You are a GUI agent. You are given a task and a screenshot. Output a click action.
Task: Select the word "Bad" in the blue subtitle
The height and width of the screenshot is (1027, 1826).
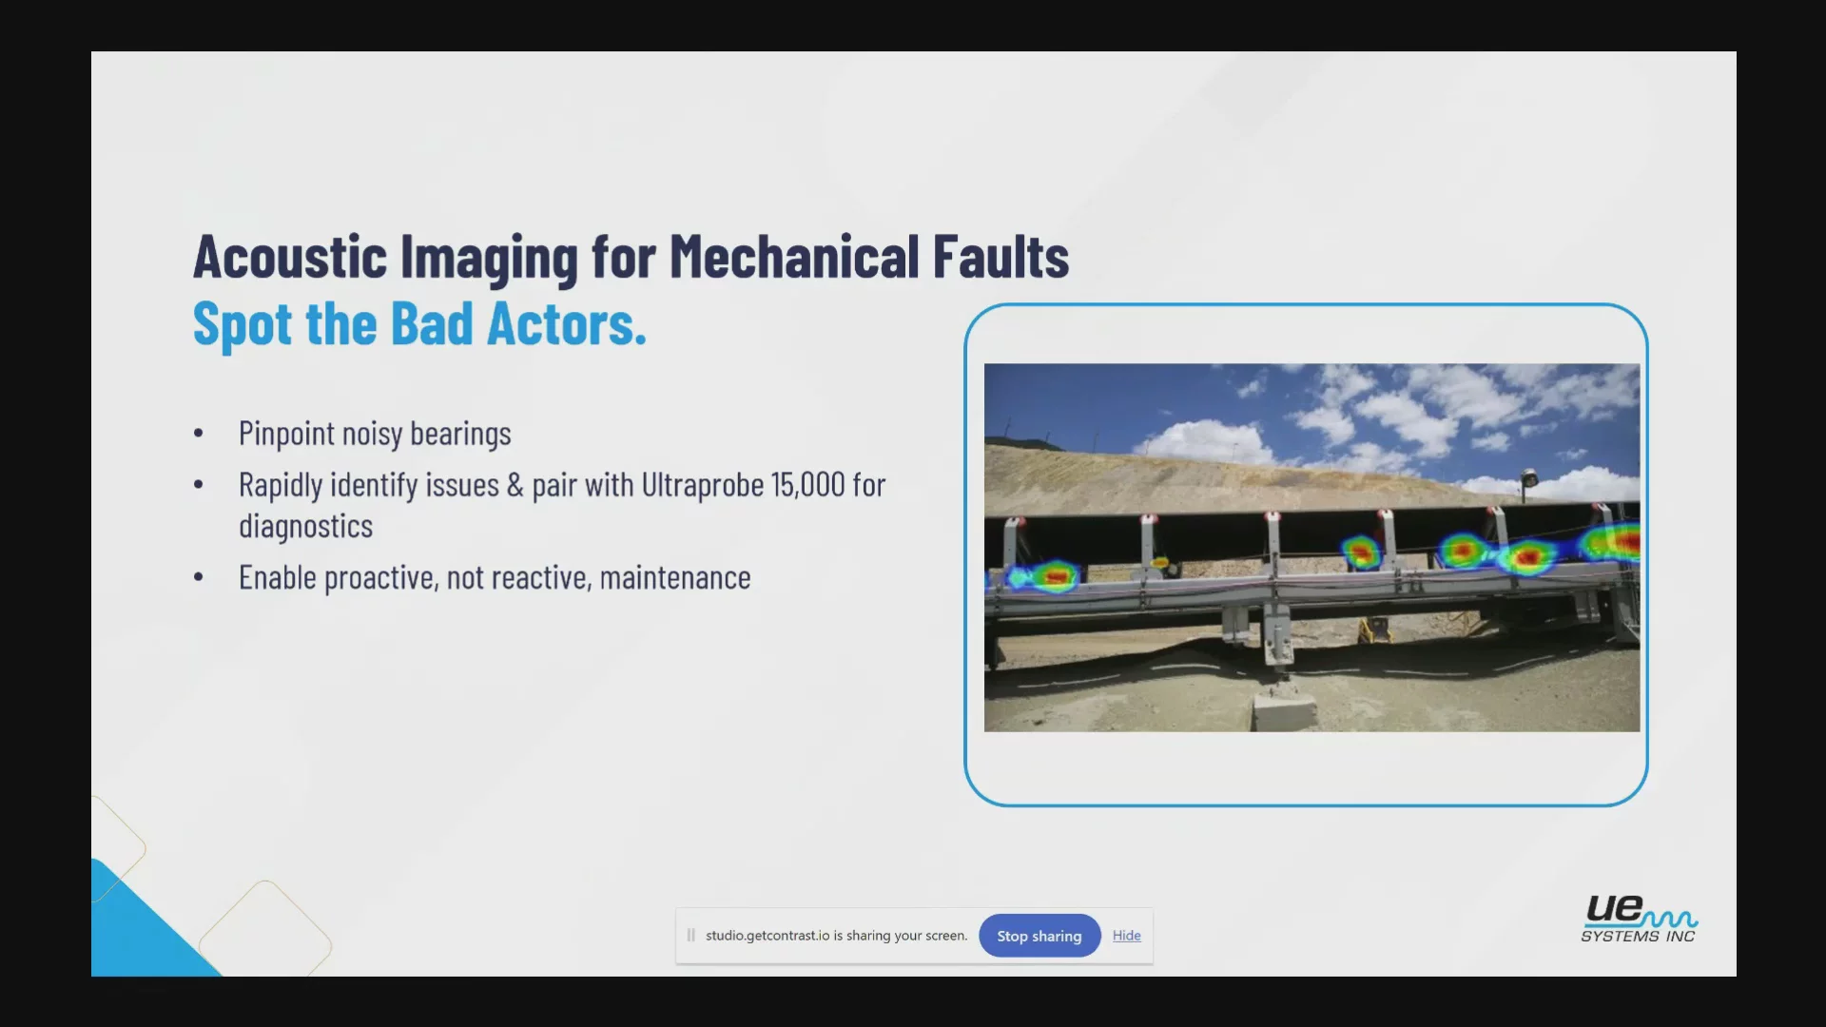[432, 323]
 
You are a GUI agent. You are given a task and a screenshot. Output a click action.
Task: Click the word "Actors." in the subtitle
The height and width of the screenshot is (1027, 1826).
[567, 323]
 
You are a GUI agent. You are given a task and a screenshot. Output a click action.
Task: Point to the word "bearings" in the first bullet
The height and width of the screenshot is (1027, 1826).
[460, 435]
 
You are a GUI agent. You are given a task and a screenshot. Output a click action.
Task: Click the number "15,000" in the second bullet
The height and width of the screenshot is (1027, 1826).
[808, 485]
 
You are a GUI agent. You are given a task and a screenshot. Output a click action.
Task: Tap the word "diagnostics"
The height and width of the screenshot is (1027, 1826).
[305, 526]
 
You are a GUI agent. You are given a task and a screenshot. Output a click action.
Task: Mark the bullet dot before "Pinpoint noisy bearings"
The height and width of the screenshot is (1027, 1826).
[198, 434]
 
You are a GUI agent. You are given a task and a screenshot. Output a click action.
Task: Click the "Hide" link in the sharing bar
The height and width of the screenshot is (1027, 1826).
[1127, 936]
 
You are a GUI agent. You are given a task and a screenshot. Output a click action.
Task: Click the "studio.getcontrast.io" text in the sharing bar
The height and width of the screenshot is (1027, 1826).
[767, 936]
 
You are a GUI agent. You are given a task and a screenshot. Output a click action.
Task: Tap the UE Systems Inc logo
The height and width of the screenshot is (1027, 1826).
[1639, 919]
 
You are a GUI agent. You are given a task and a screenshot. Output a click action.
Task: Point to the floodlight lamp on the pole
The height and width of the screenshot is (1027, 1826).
[1529, 477]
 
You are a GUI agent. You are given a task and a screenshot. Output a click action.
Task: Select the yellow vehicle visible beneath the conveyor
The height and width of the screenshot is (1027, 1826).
[1373, 629]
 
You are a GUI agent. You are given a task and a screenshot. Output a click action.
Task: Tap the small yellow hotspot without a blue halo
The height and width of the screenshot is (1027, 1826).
[1159, 562]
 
